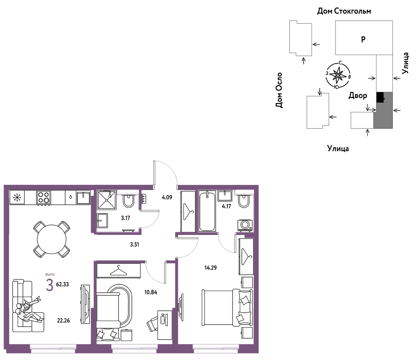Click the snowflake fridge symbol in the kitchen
(x=17, y=197)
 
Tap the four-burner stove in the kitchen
(x=44, y=198)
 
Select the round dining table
(x=52, y=239)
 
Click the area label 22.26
(x=63, y=320)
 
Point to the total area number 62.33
(x=62, y=284)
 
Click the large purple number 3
(x=50, y=285)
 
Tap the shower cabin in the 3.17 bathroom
(x=107, y=200)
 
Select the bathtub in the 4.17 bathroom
(x=207, y=211)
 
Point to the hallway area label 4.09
(x=167, y=197)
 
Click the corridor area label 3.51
(x=134, y=245)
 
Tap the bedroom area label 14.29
(x=210, y=268)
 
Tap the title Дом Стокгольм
(x=344, y=11)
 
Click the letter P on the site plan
(x=363, y=39)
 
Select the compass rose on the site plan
(x=338, y=75)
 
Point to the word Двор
(x=358, y=95)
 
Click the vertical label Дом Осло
(x=279, y=90)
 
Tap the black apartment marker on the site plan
(x=380, y=97)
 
